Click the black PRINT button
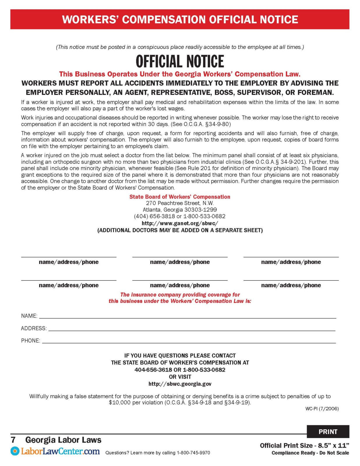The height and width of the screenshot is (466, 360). tap(328, 432)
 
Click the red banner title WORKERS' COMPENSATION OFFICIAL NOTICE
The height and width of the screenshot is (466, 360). tap(180, 20)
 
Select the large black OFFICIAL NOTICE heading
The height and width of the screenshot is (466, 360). tap(180, 61)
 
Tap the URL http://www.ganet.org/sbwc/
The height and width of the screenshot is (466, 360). tap(180, 223)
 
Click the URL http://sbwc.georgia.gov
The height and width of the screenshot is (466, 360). tap(180, 384)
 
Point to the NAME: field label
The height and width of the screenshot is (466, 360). tap(29, 316)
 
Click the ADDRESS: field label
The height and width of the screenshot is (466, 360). tap(33, 328)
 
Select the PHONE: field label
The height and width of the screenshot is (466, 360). tap(31, 340)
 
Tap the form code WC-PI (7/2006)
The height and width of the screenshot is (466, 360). tap(322, 409)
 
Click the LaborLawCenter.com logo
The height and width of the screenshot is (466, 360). tap(55, 451)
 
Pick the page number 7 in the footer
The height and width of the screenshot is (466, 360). tap(13, 440)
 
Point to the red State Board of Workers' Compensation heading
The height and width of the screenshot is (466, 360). tap(180, 197)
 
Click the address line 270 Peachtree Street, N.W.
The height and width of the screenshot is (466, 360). tap(180, 203)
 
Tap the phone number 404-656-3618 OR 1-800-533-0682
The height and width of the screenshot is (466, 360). tap(180, 370)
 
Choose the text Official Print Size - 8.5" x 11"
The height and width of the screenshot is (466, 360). tap(304, 445)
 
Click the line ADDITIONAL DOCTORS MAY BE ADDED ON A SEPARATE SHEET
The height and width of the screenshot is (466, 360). tap(180, 230)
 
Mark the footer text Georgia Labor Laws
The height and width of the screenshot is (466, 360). tap(63, 440)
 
